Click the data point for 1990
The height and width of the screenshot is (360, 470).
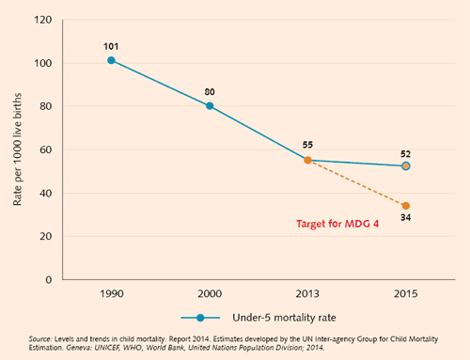[111, 60]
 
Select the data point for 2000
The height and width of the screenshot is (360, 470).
[210, 105]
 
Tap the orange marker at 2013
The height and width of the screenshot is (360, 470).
[307, 161]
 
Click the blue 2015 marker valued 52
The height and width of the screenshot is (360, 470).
[405, 165]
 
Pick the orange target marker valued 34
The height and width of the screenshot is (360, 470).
[405, 206]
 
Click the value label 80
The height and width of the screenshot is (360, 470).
[210, 91]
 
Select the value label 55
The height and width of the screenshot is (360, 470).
[307, 146]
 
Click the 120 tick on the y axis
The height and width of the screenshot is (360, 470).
[42, 19]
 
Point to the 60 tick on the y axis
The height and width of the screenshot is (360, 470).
[44, 149]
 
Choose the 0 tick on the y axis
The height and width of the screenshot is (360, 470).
[47, 279]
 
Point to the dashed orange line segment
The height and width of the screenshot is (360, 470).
[357, 183]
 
